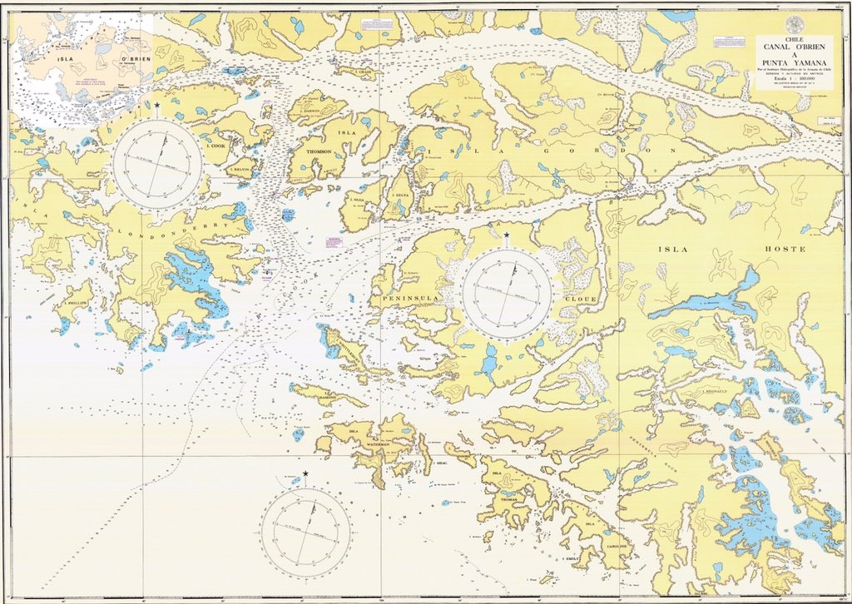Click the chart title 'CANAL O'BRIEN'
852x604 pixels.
793,47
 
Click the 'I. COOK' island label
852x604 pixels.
216,146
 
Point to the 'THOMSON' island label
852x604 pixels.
319,151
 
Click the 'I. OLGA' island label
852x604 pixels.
356,201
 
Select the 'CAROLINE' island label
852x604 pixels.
617,546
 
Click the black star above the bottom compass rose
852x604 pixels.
305,473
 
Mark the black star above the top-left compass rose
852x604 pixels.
157,105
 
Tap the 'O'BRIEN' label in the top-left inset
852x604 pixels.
134,60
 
